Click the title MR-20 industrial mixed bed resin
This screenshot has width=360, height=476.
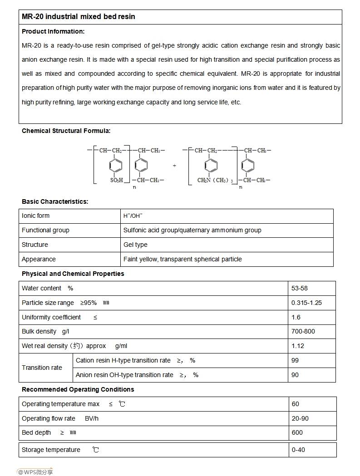click(x=79, y=17)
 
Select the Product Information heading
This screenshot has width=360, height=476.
click(x=53, y=31)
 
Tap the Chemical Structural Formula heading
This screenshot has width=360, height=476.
click(x=66, y=131)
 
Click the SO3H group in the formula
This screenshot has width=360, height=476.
click(x=117, y=180)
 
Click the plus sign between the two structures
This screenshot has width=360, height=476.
click(x=174, y=166)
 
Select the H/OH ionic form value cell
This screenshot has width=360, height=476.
click(x=133, y=216)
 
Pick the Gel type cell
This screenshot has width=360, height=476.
click(x=135, y=245)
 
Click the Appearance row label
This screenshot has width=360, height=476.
click(x=39, y=259)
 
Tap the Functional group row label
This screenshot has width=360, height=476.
click(x=45, y=230)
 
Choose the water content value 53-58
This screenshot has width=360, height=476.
click(x=300, y=288)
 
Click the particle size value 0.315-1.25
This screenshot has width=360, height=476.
click(x=306, y=303)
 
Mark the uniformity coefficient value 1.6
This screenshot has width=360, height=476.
click(x=296, y=317)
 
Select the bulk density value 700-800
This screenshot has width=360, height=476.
click(x=303, y=331)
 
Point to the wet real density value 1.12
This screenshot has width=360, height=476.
click(x=298, y=346)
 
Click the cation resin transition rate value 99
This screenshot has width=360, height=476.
click(x=296, y=360)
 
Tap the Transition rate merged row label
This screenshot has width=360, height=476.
click(x=42, y=368)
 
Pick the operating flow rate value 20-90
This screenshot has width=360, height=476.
click(x=300, y=418)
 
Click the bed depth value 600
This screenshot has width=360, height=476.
click(x=297, y=432)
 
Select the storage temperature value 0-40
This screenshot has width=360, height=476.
click(x=299, y=450)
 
